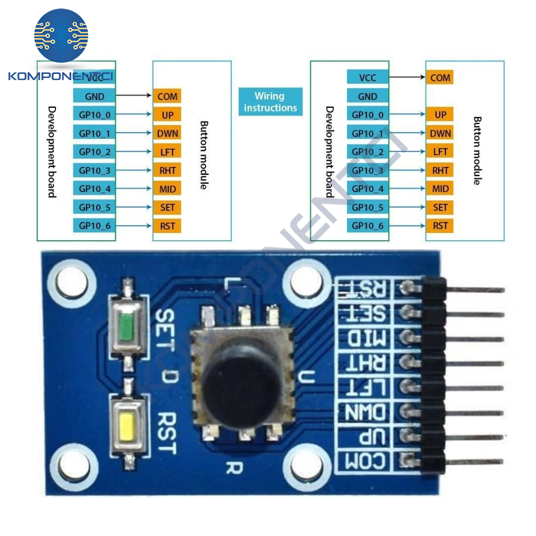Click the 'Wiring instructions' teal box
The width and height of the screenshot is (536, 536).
271,102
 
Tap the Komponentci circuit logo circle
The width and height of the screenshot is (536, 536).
61,36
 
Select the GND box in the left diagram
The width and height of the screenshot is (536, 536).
94,96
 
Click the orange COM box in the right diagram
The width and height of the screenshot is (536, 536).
440,77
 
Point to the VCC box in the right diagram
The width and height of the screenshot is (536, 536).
367,77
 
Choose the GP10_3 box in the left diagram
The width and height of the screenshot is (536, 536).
94,170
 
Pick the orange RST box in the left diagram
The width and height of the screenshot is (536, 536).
167,226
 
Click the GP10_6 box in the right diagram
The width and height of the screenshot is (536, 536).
367,226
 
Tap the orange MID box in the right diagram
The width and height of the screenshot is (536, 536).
440,189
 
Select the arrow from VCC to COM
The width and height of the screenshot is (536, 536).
406,77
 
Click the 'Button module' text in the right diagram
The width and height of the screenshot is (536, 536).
476,151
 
